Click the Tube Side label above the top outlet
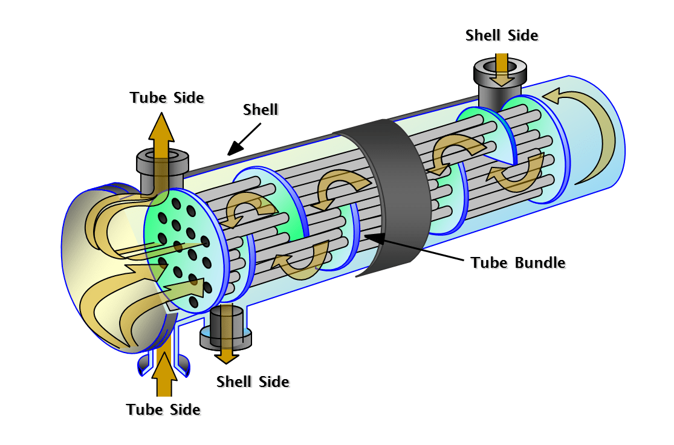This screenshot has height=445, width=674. click(x=167, y=97)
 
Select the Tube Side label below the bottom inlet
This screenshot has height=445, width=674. click(x=163, y=409)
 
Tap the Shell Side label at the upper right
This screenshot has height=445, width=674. click(x=501, y=36)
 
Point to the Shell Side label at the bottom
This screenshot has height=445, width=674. click(x=253, y=382)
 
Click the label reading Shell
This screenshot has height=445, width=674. click(x=261, y=109)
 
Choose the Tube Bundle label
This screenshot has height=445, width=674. click(x=518, y=262)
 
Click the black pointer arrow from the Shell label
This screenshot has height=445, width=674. click(x=244, y=138)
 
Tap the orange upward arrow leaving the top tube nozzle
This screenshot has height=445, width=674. click(x=161, y=136)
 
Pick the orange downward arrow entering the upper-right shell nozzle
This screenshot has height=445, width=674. click(x=501, y=70)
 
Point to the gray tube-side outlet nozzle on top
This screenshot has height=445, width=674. click(x=160, y=169)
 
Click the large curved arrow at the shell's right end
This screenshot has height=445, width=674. click(x=589, y=133)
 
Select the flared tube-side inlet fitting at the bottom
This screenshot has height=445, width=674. click(x=164, y=360)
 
